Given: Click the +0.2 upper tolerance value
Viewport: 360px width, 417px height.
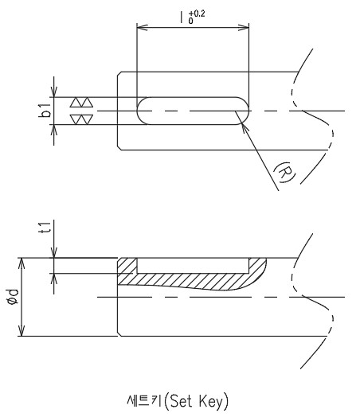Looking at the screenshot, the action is pos(197,14).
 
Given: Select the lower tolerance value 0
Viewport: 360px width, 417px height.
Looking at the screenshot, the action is pos(191,21).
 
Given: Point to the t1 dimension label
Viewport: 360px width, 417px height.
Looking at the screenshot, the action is pos(45,228).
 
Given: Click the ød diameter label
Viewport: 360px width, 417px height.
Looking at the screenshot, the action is pos(13,297).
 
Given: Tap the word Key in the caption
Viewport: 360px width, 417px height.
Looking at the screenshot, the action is pos(211,402).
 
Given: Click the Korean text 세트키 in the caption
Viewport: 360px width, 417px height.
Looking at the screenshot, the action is pos(144,401).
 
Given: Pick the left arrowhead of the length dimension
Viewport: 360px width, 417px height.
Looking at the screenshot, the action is pos(142,27).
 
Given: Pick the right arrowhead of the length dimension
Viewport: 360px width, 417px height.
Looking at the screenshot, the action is pos(244,27).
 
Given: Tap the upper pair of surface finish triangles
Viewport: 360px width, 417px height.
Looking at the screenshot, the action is pos(81,103).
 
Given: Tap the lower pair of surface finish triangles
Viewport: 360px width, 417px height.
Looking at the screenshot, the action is pos(81,119).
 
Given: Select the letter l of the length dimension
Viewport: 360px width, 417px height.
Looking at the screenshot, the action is pos(182,17).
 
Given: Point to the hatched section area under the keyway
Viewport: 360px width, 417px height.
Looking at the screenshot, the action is pos(192,279).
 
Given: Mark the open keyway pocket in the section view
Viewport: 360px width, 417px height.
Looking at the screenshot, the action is pos(193,266).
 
